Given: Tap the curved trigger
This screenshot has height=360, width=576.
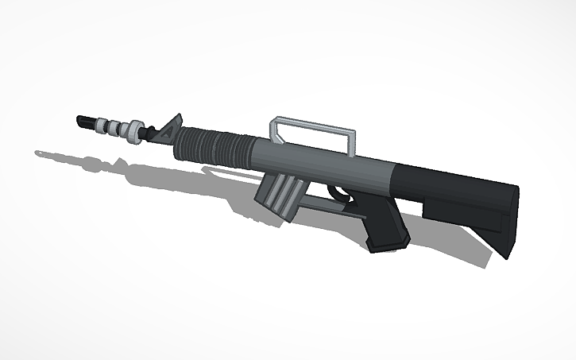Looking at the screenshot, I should pos(338,193).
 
